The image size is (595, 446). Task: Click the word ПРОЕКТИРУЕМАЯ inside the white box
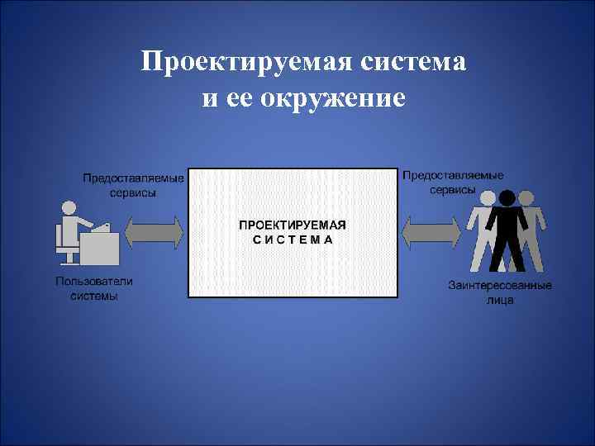tap(293, 225)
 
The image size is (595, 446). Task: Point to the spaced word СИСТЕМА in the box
tap(293, 240)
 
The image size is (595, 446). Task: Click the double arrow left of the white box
tap(154, 231)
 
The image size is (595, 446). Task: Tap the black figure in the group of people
tap(506, 235)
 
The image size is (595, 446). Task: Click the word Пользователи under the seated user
tap(94, 282)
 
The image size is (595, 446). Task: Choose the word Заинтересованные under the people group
tap(500, 286)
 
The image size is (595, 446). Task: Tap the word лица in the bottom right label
tap(500, 300)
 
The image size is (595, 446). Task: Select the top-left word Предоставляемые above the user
tap(133, 178)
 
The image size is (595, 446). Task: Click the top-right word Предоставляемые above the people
tap(453, 175)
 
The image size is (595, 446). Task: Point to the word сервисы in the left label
tap(133, 192)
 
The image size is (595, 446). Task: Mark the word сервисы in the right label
tap(453, 189)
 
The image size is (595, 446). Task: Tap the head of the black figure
tap(506, 197)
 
